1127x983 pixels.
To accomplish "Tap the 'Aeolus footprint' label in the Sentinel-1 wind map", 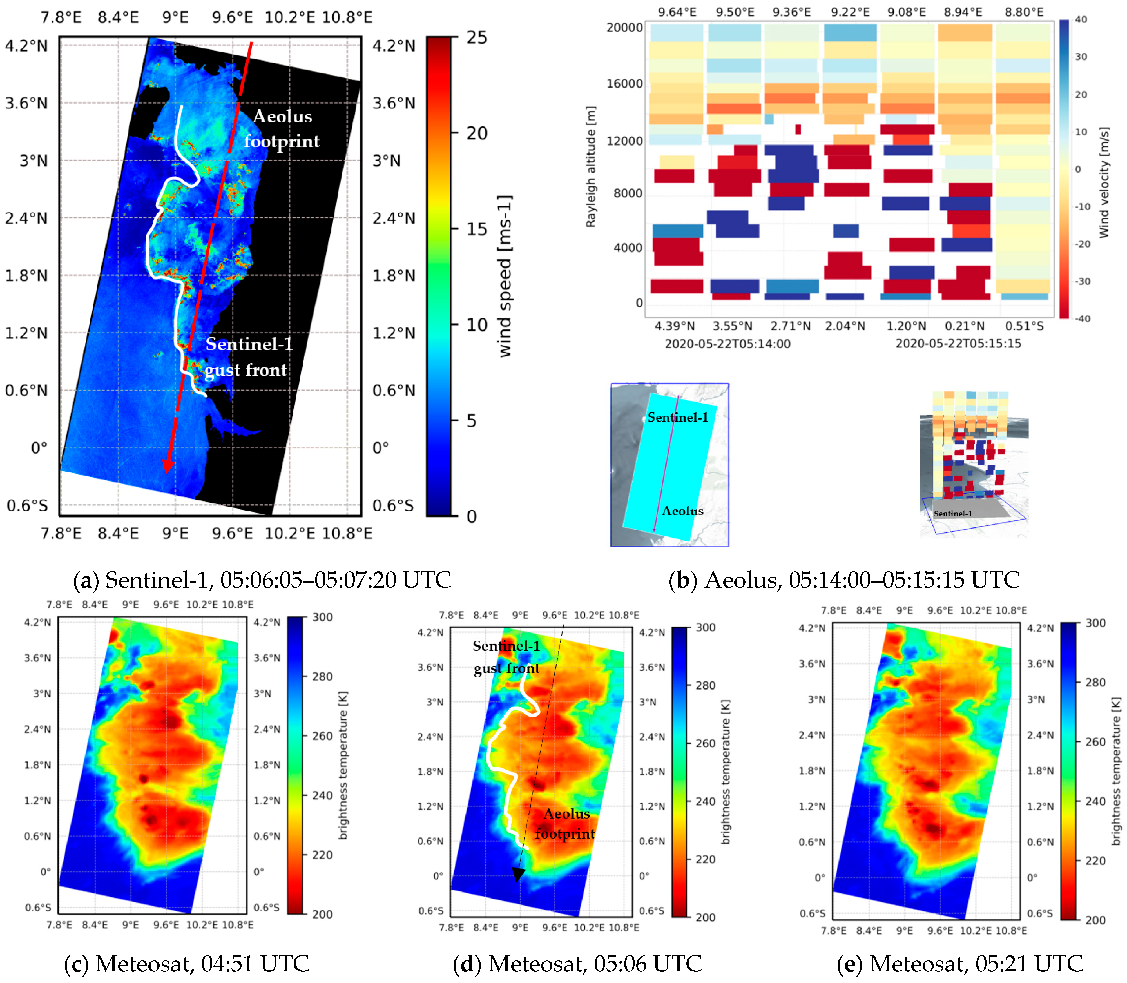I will click(x=282, y=129).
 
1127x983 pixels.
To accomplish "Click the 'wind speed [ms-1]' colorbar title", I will click(x=505, y=276).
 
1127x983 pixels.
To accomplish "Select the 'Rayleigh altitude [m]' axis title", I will click(x=591, y=166).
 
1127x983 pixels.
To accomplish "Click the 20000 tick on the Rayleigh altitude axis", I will click(x=624, y=27).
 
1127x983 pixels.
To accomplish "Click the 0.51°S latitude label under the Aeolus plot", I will click(x=1024, y=326).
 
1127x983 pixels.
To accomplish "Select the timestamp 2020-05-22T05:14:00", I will click(x=728, y=344).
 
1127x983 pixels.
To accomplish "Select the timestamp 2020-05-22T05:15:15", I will click(x=958, y=344).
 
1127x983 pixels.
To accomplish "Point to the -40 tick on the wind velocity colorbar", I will click(x=1082, y=319).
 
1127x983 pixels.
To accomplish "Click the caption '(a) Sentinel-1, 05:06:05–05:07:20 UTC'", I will click(x=262, y=580).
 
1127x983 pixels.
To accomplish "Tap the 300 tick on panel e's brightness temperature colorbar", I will click(x=1095, y=623).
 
